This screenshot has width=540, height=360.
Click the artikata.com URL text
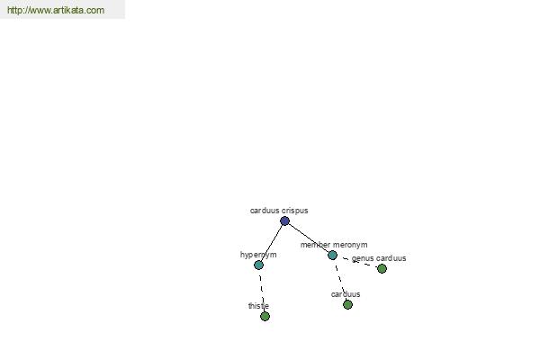[x=56, y=10]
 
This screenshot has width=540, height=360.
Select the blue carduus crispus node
[x=284, y=220]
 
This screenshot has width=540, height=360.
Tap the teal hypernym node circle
[x=258, y=265]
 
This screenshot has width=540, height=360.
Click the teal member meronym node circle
[x=332, y=256]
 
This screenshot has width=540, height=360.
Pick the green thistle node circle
[x=265, y=316]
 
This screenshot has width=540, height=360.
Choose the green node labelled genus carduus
[x=382, y=268]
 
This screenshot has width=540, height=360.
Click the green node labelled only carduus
[x=347, y=304]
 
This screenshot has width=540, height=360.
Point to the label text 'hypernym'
[x=258, y=255]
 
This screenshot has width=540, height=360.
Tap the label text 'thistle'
[x=258, y=306]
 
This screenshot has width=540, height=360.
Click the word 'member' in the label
[x=316, y=245]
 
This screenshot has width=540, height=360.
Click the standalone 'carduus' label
[x=346, y=294]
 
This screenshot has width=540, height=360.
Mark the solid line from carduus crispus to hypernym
[x=272, y=243]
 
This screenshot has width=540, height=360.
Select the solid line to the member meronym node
[x=309, y=238]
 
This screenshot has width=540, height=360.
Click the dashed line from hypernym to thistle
[x=262, y=291]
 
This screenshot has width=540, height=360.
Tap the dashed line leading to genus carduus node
[x=357, y=262]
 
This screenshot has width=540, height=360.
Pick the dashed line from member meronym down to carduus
[x=340, y=280]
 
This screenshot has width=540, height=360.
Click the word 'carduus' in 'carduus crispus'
[x=265, y=211]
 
